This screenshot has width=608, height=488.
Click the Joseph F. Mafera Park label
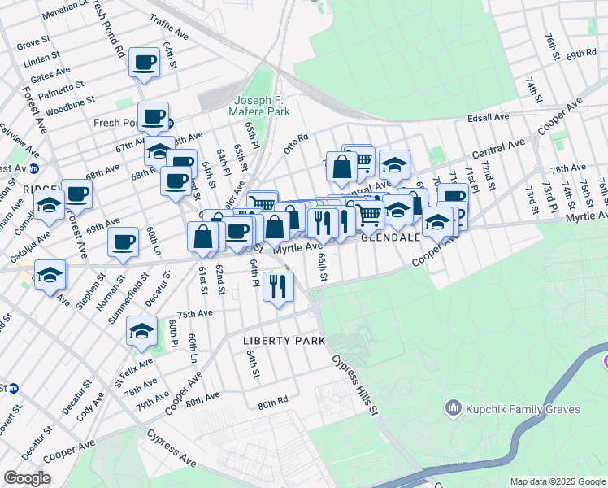(x=267, y=105)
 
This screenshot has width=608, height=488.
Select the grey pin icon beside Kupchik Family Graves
(x=453, y=407)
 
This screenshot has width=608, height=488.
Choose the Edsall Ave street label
(x=488, y=117)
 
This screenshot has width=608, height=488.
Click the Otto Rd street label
(x=295, y=143)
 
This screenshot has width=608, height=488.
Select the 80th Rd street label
(x=273, y=401)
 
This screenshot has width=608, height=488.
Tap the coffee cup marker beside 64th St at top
(x=145, y=62)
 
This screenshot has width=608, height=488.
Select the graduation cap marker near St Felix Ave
(x=141, y=330)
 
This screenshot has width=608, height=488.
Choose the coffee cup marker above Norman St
(x=124, y=242)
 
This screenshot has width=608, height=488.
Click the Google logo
(x=28, y=478)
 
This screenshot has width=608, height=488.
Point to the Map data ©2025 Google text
(x=557, y=481)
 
